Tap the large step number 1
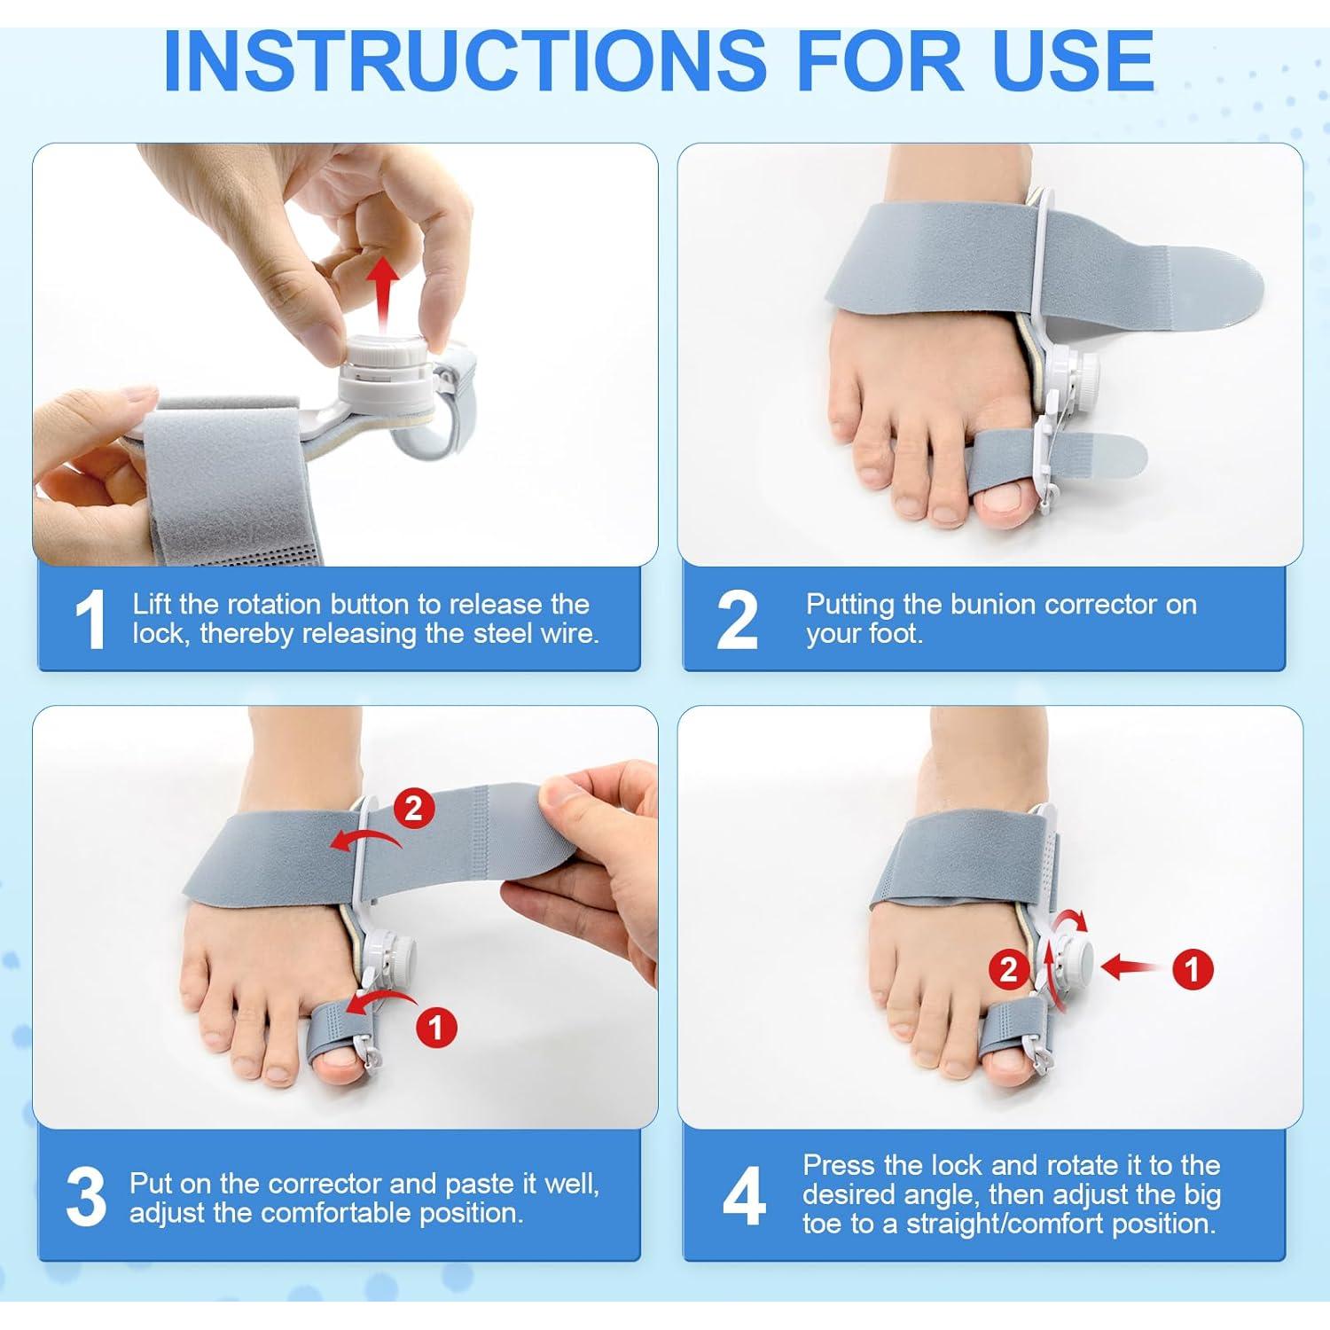[90, 620]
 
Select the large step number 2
[737, 620]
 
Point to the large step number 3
[86, 1197]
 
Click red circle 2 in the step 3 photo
[414, 809]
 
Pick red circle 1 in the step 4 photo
[1193, 969]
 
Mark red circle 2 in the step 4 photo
[1008, 969]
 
